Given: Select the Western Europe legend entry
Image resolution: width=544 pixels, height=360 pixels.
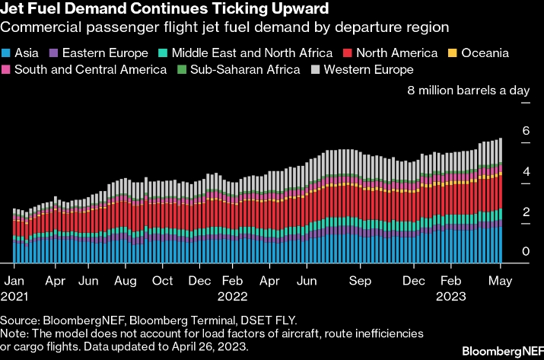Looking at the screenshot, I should point(367,70).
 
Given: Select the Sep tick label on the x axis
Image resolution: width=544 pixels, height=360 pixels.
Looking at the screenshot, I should point(360,279).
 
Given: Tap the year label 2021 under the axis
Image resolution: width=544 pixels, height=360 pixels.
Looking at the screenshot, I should point(14,294).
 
